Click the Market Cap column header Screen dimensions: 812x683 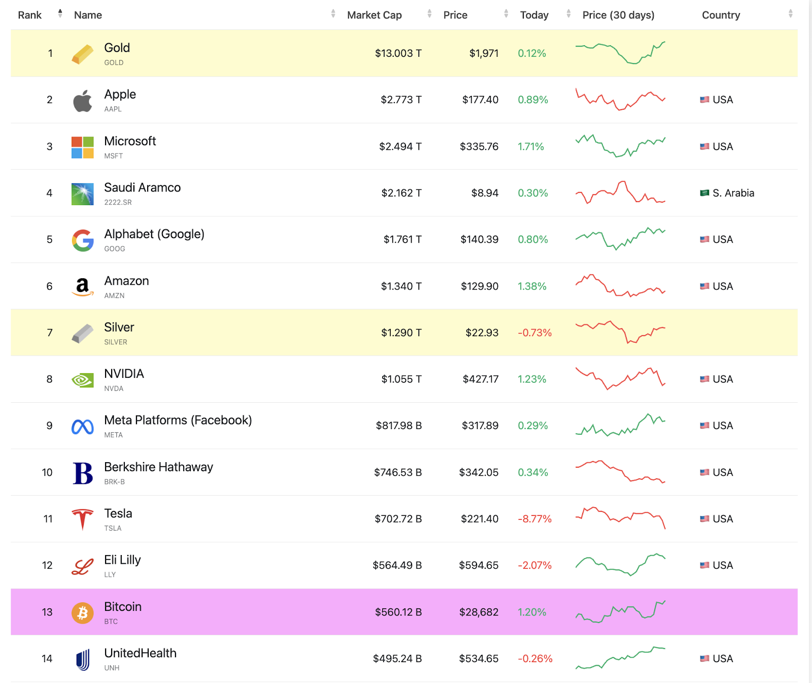pyautogui.click(x=374, y=15)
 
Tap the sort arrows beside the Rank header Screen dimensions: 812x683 pyautogui.click(x=60, y=13)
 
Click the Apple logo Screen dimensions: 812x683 pyautogui.click(x=82, y=101)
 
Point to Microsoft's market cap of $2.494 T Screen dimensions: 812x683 pyautogui.click(x=400, y=147)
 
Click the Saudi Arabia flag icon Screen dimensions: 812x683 pyautogui.click(x=704, y=193)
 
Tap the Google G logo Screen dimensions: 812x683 pyautogui.click(x=83, y=240)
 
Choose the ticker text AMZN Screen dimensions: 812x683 pyautogui.click(x=114, y=296)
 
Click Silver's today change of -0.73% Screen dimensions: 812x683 pyautogui.click(x=534, y=333)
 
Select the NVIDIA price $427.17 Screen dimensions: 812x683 pyautogui.click(x=481, y=379)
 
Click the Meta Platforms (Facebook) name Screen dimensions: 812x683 pyautogui.click(x=178, y=420)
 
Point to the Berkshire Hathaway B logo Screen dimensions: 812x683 pyautogui.click(x=83, y=473)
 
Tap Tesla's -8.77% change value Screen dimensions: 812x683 pyautogui.click(x=534, y=519)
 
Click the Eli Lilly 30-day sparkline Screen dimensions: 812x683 pyautogui.click(x=620, y=565)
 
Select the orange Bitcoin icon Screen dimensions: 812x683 pyautogui.click(x=83, y=613)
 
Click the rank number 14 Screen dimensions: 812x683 pyautogui.click(x=47, y=659)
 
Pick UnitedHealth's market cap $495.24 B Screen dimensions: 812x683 pyautogui.click(x=397, y=659)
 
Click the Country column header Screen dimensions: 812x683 pyautogui.click(x=721, y=15)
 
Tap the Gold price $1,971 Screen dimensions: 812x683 pyautogui.click(x=484, y=53)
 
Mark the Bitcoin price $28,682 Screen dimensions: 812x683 pyautogui.click(x=479, y=612)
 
